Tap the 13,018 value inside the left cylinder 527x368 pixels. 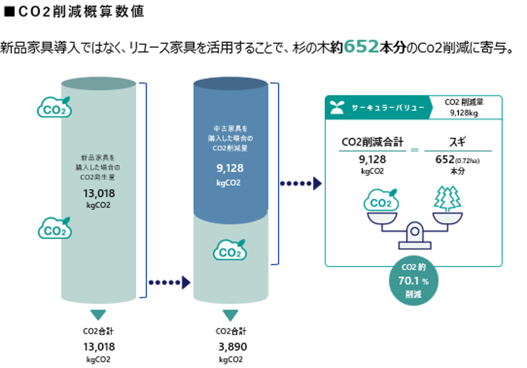[x=100, y=193]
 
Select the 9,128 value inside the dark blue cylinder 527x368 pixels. [x=229, y=169]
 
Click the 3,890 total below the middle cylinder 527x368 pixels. [x=231, y=346]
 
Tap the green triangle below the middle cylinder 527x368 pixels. [x=231, y=316]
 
